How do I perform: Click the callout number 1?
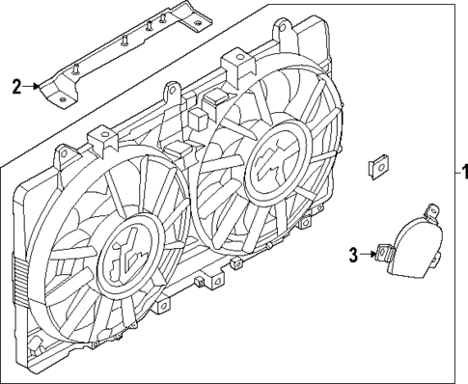pos(462,174)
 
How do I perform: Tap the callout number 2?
pos(16,87)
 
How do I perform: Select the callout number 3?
pos(353,255)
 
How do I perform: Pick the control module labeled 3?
pos(409,254)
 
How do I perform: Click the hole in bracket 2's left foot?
pos(59,96)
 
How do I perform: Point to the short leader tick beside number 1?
pos(451,174)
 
